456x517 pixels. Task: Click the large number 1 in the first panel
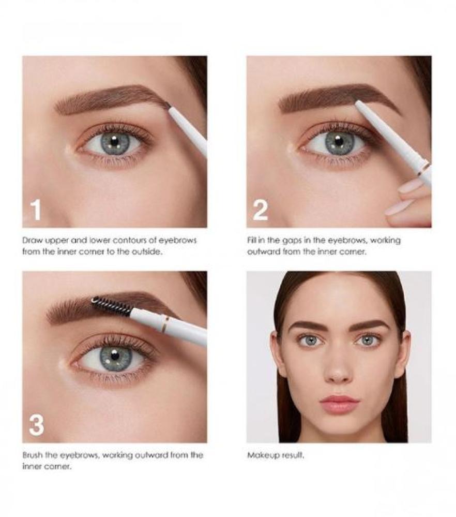[36, 210]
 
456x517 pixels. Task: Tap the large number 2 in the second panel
[260, 210]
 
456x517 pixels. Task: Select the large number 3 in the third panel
[36, 425]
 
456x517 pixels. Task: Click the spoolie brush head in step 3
[111, 306]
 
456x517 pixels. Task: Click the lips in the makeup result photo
[339, 403]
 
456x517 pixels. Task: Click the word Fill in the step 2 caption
[251, 240]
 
